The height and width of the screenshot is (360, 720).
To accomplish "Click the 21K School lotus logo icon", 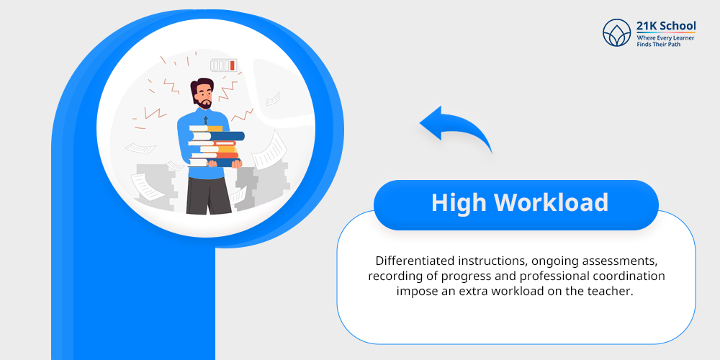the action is pos(617,32).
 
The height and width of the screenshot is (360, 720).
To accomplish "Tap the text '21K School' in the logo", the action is pos(666,25).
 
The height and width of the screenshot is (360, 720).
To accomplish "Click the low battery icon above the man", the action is pos(224,66).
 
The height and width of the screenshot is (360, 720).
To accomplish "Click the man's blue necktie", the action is pos(206,120).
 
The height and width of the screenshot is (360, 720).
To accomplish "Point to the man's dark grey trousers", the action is pos(208,195).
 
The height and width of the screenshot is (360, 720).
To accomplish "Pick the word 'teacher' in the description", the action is pos(612,292).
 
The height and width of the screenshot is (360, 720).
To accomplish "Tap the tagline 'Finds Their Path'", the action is pos(658,44).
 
